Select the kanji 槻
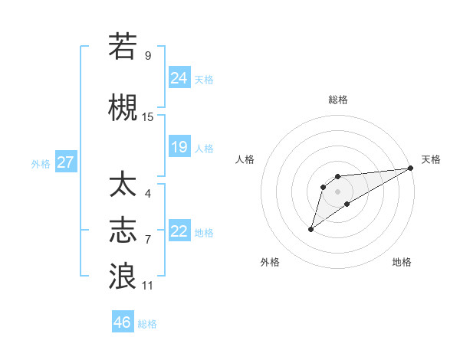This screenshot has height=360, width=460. click(123, 108)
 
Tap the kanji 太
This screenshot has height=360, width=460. click(123, 185)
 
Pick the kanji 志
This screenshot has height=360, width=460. click(123, 231)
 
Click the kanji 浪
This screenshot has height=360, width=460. click(123, 277)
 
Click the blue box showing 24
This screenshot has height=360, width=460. click(179, 77)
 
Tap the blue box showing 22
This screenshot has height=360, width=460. click(179, 231)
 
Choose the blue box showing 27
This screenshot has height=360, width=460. click(65, 162)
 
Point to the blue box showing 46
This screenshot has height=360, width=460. click(123, 322)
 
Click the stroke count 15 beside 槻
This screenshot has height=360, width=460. click(148, 117)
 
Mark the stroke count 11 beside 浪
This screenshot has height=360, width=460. click(148, 286)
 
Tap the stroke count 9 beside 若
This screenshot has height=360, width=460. click(148, 56)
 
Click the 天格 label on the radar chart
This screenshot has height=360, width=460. click(431, 159)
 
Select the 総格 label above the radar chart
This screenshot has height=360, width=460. click(338, 100)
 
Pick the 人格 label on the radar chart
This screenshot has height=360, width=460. click(245, 159)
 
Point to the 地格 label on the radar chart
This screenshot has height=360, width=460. click(402, 263)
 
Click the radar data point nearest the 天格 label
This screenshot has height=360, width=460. click(411, 168)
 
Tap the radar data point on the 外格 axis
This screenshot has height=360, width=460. click(310, 229)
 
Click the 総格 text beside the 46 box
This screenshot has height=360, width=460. click(148, 323)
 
